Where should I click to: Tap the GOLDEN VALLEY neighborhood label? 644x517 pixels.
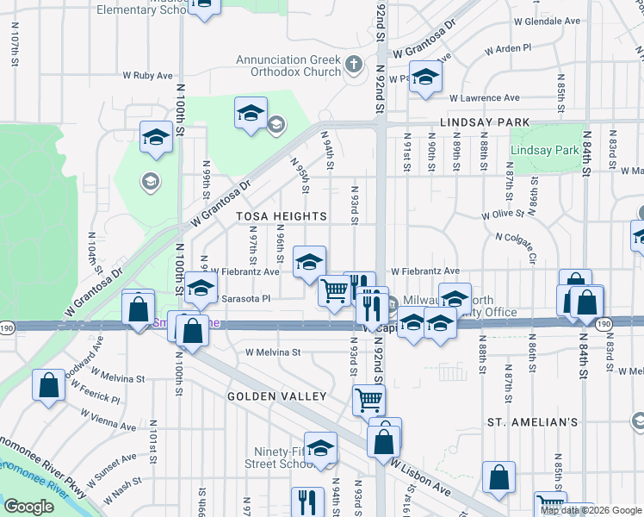276,396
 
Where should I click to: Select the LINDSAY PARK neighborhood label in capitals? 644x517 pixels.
485,123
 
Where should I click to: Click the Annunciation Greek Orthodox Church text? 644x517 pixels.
288,65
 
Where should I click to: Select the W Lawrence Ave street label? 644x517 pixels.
484,98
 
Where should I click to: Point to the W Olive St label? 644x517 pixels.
503,214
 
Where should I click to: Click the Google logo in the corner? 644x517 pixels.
28,507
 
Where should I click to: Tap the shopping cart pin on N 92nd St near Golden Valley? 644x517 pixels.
368,400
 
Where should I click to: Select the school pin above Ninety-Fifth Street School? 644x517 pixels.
320,448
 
